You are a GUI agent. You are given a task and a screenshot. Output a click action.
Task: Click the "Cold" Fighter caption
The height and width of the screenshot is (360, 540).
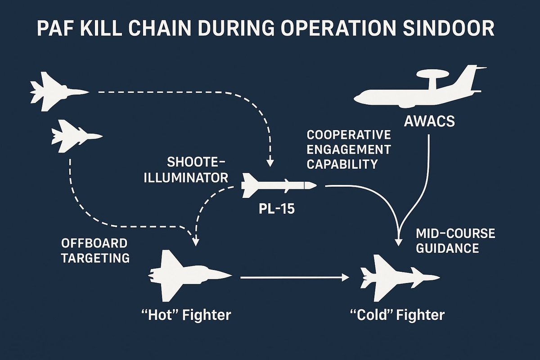coord(397,314)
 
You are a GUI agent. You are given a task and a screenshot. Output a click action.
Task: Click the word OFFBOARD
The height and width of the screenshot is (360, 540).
coord(94,243)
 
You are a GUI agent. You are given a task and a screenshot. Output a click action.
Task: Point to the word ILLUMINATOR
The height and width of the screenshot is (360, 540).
coord(185,177)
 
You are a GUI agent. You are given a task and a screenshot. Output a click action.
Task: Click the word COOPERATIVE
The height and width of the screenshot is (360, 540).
coord(348,135)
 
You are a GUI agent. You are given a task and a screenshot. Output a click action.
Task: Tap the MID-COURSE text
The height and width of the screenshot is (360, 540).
coord(455,234)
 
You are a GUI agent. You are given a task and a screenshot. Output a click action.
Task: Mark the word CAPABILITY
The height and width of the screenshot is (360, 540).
coord(342,165)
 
